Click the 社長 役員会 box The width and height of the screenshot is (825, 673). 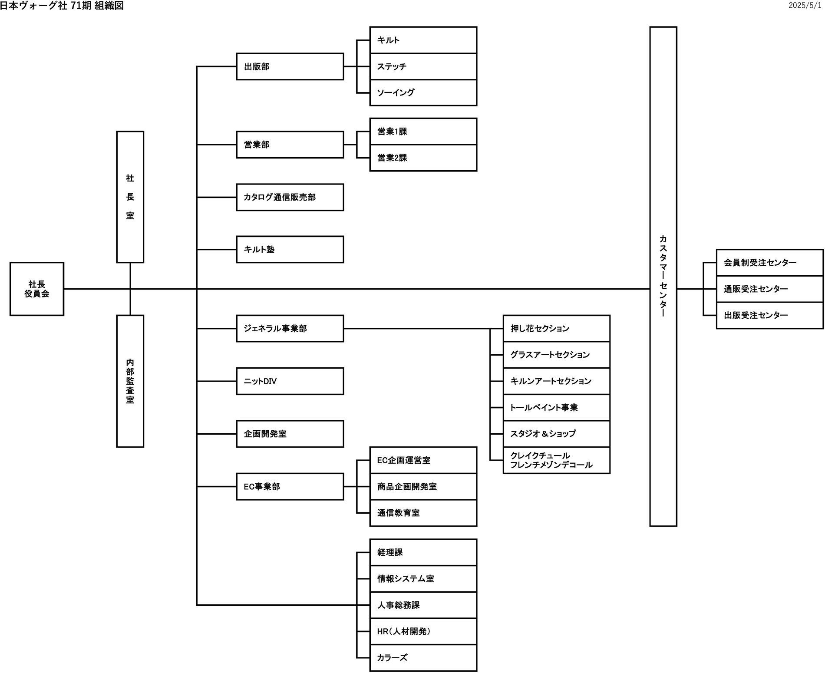[37, 289]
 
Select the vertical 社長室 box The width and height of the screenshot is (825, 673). [130, 197]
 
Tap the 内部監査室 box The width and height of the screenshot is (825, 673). [130, 381]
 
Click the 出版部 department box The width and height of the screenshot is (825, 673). [290, 66]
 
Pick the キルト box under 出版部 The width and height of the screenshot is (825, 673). [423, 40]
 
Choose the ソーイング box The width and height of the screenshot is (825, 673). [423, 92]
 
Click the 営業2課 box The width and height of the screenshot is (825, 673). [423, 158]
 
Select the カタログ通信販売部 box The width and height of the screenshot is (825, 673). [290, 197]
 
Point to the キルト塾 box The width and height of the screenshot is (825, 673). [290, 249]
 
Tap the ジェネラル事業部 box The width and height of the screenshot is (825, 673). [290, 328]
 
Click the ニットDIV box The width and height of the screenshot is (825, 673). [290, 381]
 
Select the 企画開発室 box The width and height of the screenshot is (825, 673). [290, 434]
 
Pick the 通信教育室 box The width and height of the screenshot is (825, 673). [423, 513]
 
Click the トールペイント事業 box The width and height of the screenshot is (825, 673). [557, 407]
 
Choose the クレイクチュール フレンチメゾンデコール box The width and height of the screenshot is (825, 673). [557, 460]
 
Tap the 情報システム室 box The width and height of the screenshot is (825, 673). [423, 578]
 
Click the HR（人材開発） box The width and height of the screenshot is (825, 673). [423, 631]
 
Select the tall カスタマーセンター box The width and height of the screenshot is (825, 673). [663, 277]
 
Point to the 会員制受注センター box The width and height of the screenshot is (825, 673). [770, 262]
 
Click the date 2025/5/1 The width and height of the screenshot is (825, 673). [805, 6]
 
